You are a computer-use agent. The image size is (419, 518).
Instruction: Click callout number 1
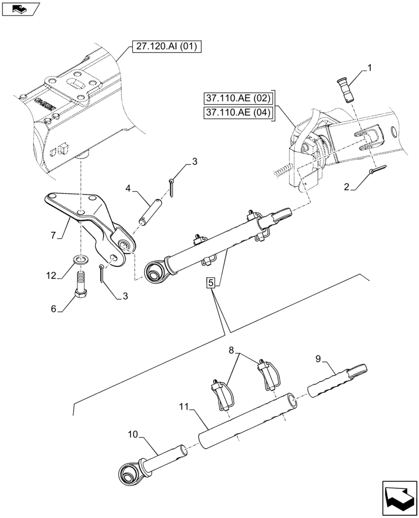pyautogui.click(x=369, y=67)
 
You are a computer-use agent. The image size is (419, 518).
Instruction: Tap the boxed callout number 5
pyautogui.click(x=211, y=283)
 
